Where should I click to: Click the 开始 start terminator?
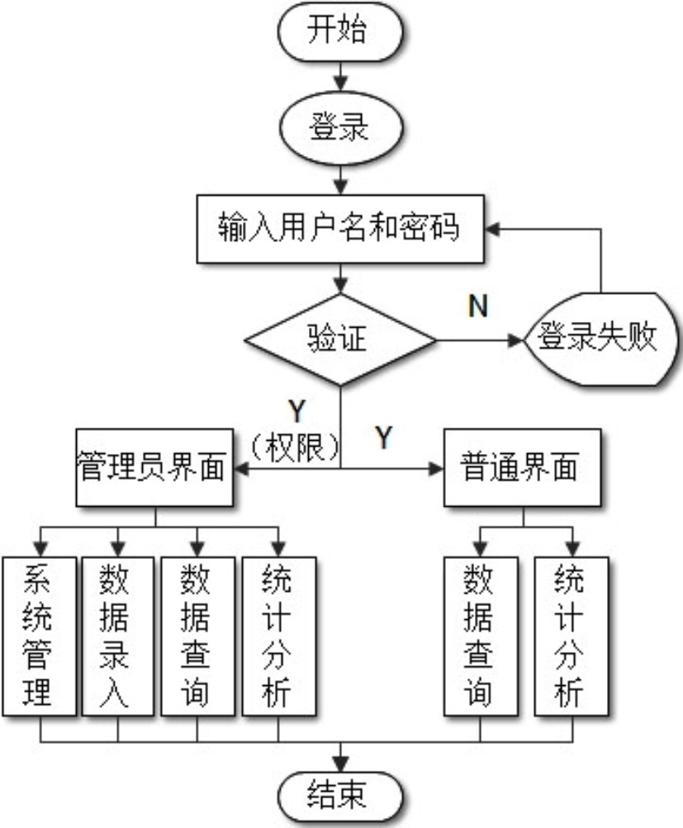coord(341,32)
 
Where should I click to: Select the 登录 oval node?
coord(341,130)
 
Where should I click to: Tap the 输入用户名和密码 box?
coord(339,226)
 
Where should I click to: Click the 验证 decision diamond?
coord(339,339)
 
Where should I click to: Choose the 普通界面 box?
coord(523,468)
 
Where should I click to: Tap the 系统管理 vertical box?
coord(38,636)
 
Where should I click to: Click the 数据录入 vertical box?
coord(117,636)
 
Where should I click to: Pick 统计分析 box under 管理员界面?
coord(277,636)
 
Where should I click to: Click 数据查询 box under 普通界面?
coord(481,636)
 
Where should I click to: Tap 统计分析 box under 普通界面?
coord(571,636)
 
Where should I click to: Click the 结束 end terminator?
coord(341,797)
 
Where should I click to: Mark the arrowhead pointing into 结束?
coord(341,767)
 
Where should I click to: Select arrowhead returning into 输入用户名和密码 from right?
coord(492,226)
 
